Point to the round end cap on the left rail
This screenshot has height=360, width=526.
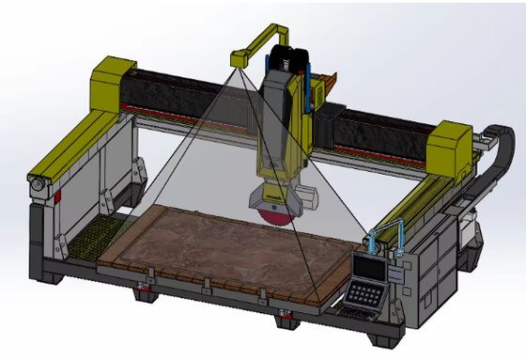[37, 188]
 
